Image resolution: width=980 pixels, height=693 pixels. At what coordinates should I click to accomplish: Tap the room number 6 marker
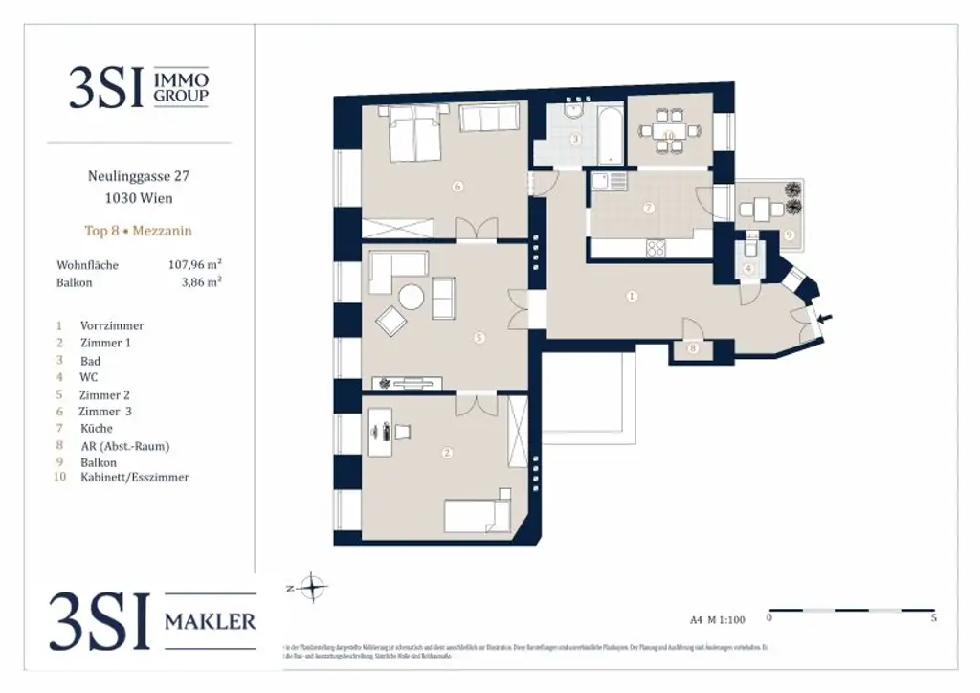(457, 187)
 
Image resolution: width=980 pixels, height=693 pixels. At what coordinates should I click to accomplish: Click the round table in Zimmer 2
(412, 298)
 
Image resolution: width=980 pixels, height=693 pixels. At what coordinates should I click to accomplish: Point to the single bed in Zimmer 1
(477, 517)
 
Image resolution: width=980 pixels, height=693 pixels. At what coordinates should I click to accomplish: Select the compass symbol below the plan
(313, 587)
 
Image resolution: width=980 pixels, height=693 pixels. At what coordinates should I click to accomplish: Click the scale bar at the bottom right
(852, 610)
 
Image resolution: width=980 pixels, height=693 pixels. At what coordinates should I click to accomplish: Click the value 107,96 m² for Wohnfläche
(195, 265)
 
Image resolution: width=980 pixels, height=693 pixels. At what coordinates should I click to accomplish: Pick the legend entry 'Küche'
(97, 429)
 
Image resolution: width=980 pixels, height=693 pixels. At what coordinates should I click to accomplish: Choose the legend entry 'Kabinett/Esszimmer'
(135, 478)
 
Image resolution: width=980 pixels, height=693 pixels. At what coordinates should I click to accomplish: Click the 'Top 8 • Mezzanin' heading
(139, 232)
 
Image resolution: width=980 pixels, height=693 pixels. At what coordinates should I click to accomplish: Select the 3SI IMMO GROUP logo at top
(139, 86)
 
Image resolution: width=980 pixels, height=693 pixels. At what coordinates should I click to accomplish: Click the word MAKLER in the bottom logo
(211, 621)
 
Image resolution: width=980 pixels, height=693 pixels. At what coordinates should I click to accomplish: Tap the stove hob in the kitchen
(657, 248)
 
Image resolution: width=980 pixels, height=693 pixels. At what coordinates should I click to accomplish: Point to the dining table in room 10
(669, 132)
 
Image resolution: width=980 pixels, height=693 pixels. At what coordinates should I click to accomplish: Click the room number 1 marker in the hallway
(632, 296)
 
